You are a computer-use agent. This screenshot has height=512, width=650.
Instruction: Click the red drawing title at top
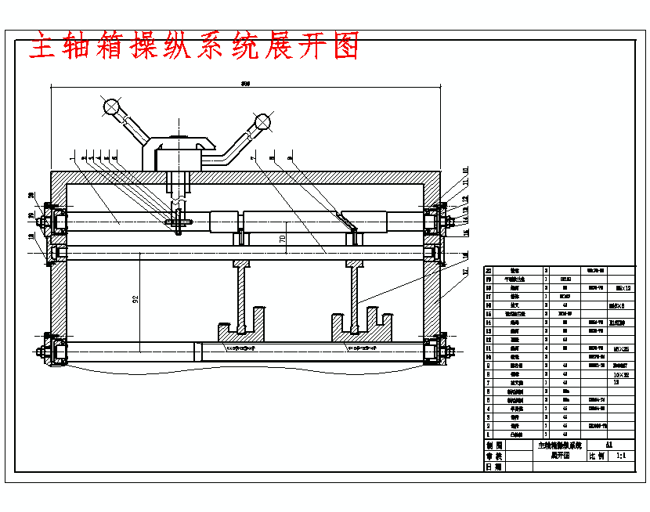coord(194,47)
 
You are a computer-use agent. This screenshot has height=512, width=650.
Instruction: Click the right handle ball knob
coord(262,121)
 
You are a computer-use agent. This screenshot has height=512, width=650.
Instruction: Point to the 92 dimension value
coord(135,300)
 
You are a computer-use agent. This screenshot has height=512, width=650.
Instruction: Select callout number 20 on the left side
coord(32,196)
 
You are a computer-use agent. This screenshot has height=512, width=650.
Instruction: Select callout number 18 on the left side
coord(32,237)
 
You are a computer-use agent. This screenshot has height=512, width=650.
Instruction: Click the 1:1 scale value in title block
coord(621,455)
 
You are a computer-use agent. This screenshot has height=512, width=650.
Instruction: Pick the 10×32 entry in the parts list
coord(620,375)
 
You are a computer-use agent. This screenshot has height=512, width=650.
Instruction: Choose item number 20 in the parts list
coord(489,269)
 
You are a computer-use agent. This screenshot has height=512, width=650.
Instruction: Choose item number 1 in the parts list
coord(489,434)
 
